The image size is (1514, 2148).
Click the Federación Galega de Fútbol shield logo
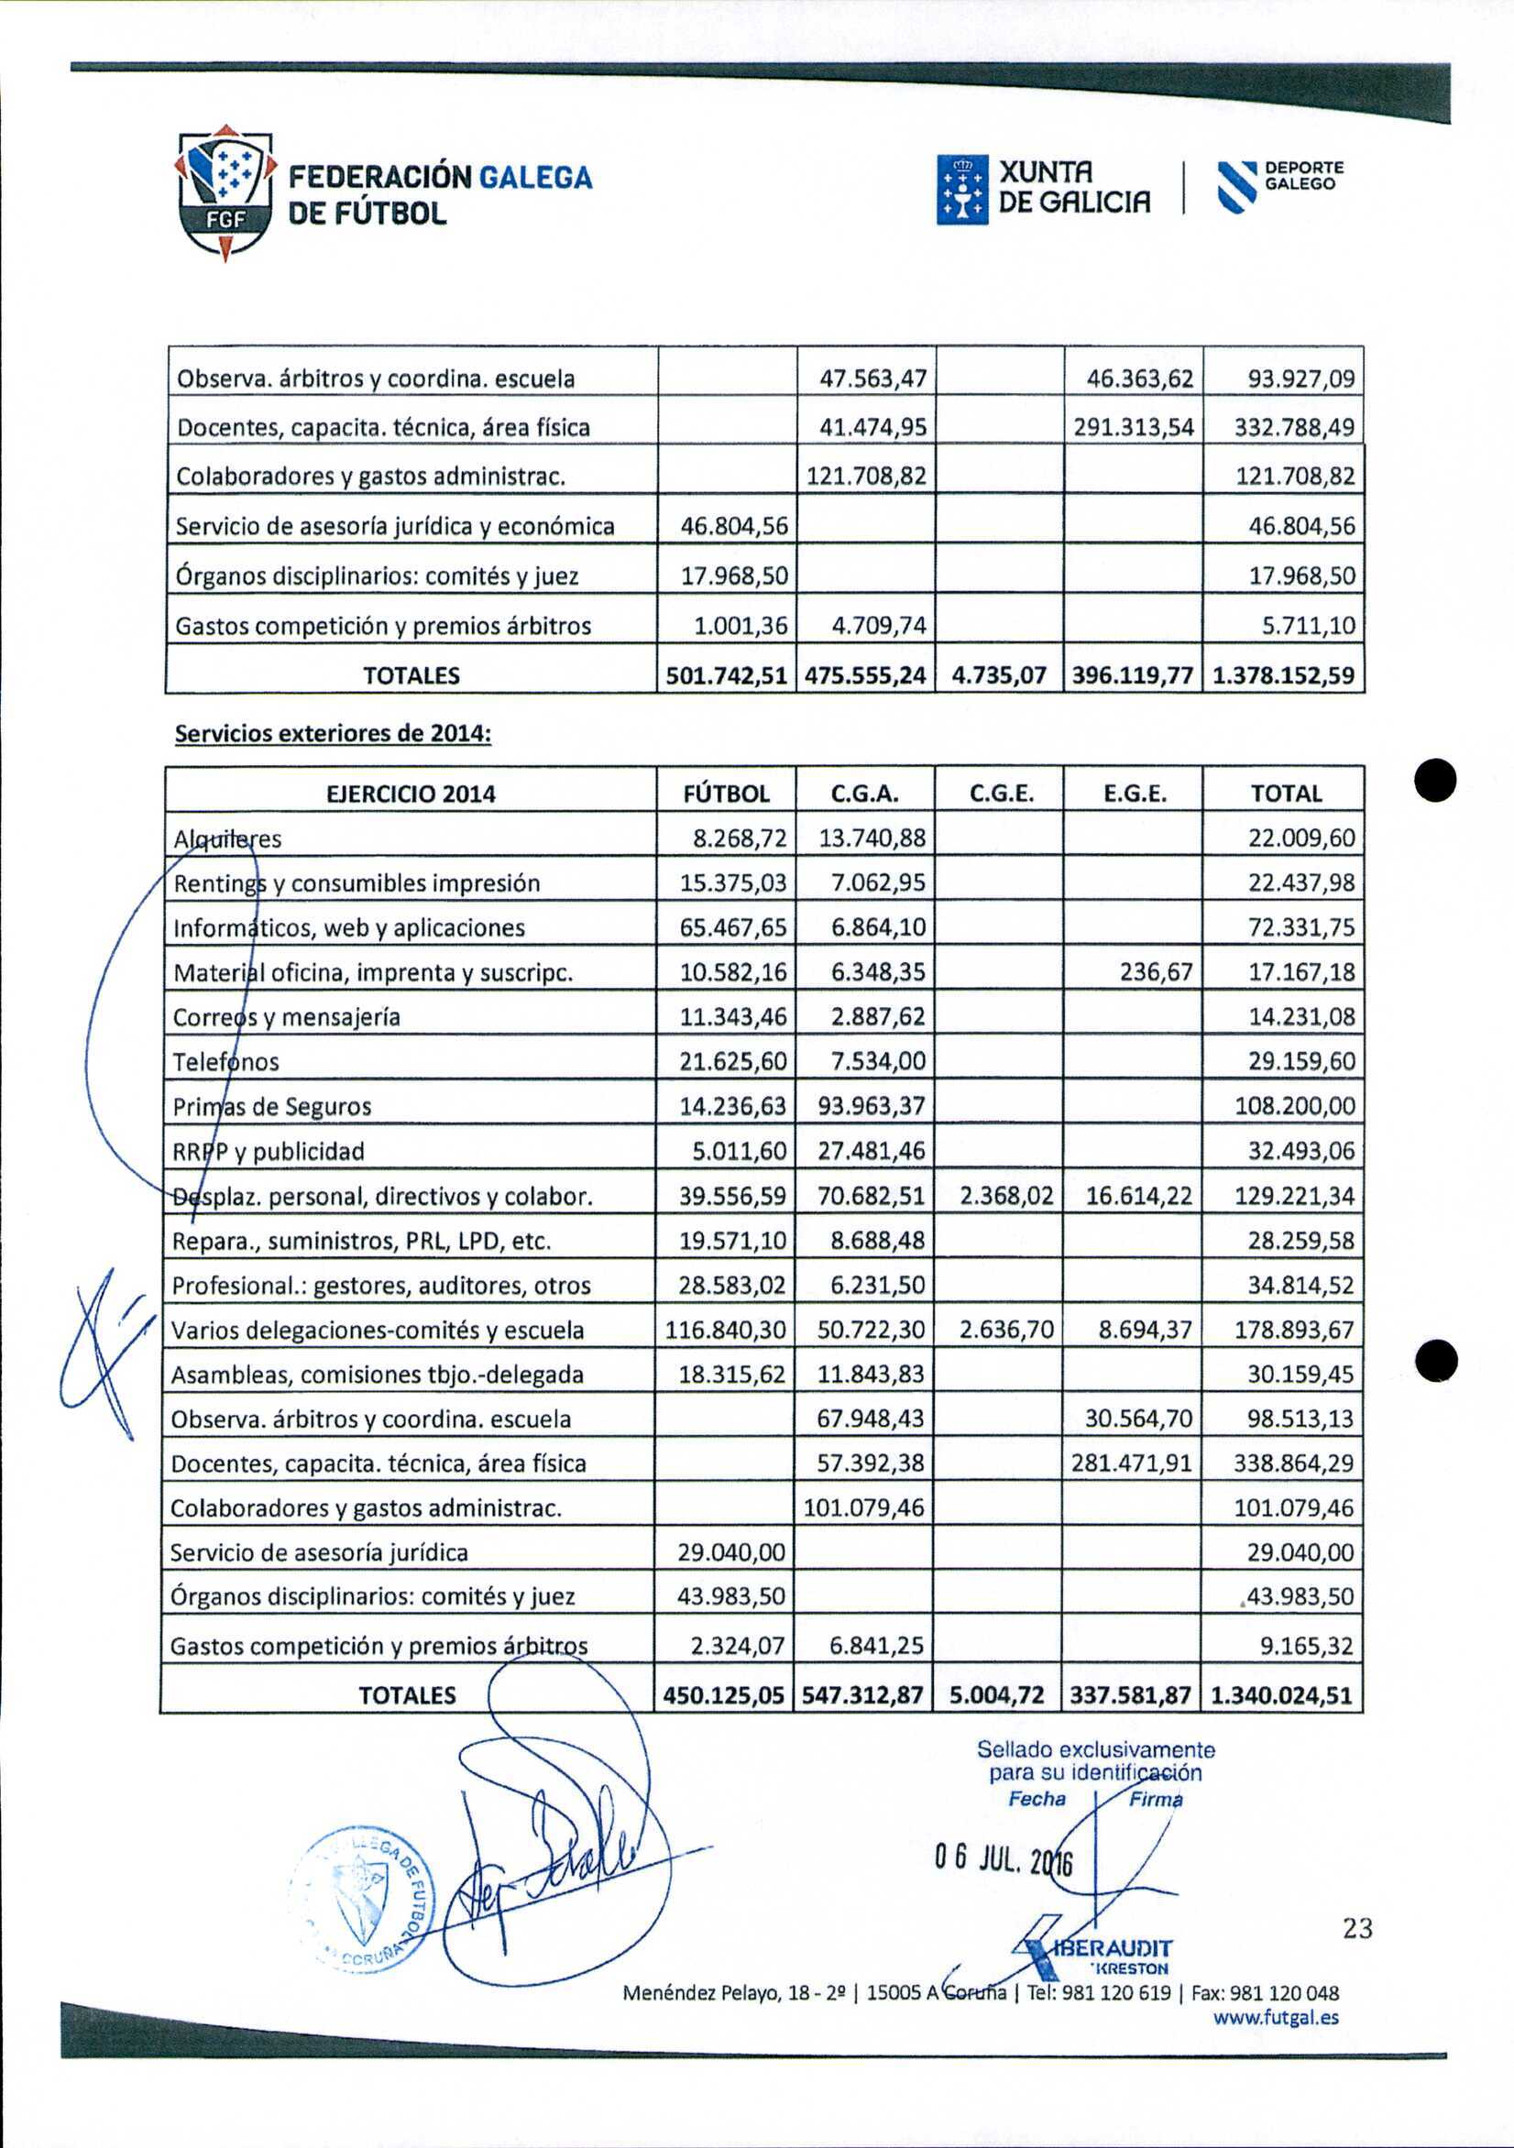click(x=226, y=192)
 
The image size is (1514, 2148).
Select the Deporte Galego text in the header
click(x=1303, y=176)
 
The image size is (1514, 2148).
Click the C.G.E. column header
click(x=1000, y=795)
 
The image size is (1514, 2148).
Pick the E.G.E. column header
click(x=1134, y=795)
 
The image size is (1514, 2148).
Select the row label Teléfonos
click(x=226, y=1062)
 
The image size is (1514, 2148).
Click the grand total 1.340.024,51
click(x=1282, y=1695)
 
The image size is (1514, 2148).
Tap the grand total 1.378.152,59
click(x=1283, y=675)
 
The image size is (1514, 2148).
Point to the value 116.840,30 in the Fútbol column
click(x=726, y=1331)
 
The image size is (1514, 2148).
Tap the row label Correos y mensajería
click(x=287, y=1017)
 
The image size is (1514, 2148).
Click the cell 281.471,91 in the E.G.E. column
click(x=1132, y=1463)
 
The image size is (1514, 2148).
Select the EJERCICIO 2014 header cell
click(x=411, y=795)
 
